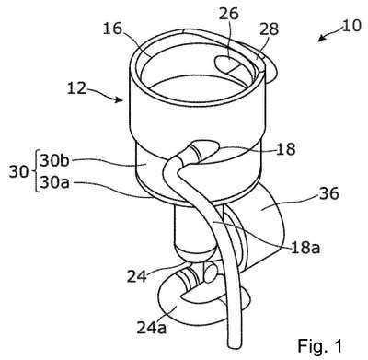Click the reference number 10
351,26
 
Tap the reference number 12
77,88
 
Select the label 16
112,29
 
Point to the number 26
229,14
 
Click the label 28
269,29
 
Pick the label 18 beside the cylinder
285,149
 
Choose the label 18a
305,248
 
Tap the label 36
329,193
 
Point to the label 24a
152,328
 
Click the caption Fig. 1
319,345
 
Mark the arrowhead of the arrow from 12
120,99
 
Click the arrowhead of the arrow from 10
321,39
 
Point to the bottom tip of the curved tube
234,345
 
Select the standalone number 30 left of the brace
18,172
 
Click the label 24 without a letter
137,276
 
